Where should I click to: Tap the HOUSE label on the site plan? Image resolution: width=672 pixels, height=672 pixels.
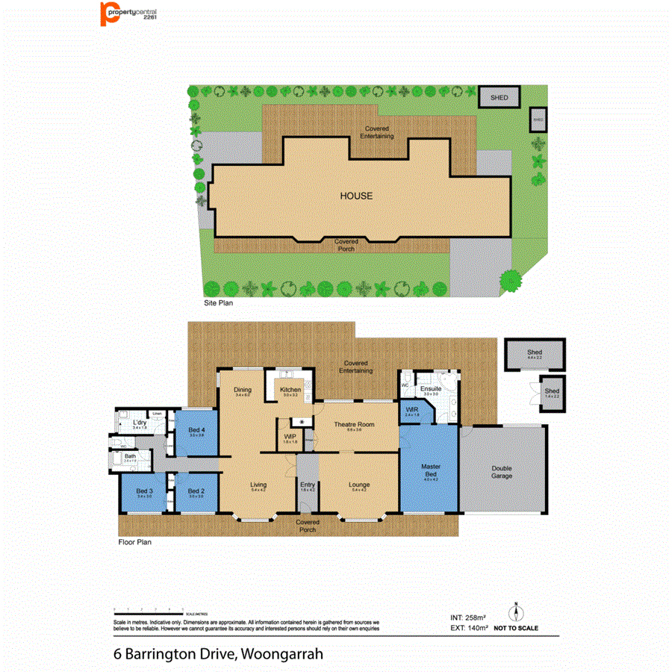pyautogui.click(x=356, y=196)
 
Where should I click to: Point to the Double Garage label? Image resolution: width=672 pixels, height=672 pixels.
pyautogui.click(x=502, y=473)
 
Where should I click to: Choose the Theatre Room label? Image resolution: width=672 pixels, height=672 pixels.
pyautogui.click(x=354, y=425)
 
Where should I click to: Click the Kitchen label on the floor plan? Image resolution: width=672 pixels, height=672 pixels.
pyautogui.click(x=290, y=390)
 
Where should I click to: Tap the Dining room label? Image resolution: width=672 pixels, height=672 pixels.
pyautogui.click(x=242, y=390)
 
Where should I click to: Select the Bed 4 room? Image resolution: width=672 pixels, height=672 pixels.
pyautogui.click(x=197, y=431)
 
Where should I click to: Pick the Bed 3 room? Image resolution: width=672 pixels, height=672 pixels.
pyautogui.click(x=145, y=491)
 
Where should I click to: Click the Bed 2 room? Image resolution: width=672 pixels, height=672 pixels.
pyautogui.click(x=196, y=491)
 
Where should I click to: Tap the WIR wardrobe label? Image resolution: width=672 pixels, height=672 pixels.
pyautogui.click(x=411, y=410)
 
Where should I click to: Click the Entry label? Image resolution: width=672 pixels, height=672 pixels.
pyautogui.click(x=308, y=485)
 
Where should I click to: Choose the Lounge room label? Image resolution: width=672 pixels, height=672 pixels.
pyautogui.click(x=359, y=485)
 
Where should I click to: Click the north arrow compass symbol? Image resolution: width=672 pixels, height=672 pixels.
pyautogui.click(x=514, y=612)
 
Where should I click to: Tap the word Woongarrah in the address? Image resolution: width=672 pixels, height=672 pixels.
pyautogui.click(x=282, y=654)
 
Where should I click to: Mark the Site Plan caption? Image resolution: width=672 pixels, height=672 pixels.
pyautogui.click(x=220, y=304)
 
